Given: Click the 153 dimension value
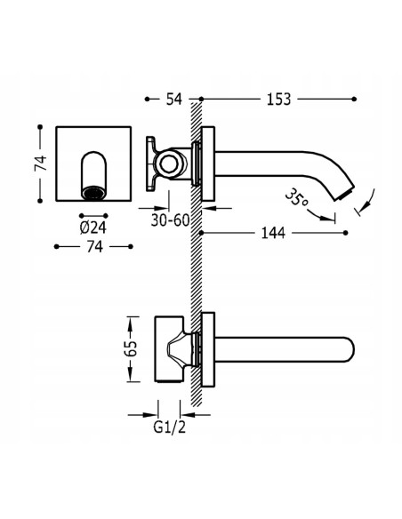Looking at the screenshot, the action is (278, 100).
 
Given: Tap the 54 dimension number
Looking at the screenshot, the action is (173, 99).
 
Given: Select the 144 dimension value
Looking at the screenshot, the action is (273, 234).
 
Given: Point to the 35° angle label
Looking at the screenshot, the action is (295, 198).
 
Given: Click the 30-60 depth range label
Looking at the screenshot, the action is (170, 220).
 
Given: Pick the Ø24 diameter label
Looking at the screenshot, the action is (93, 228).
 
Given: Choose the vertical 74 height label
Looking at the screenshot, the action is (41, 164).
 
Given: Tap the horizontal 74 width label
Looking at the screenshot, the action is (94, 247).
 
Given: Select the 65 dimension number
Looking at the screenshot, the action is (132, 347).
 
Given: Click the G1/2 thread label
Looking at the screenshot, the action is (169, 427).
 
